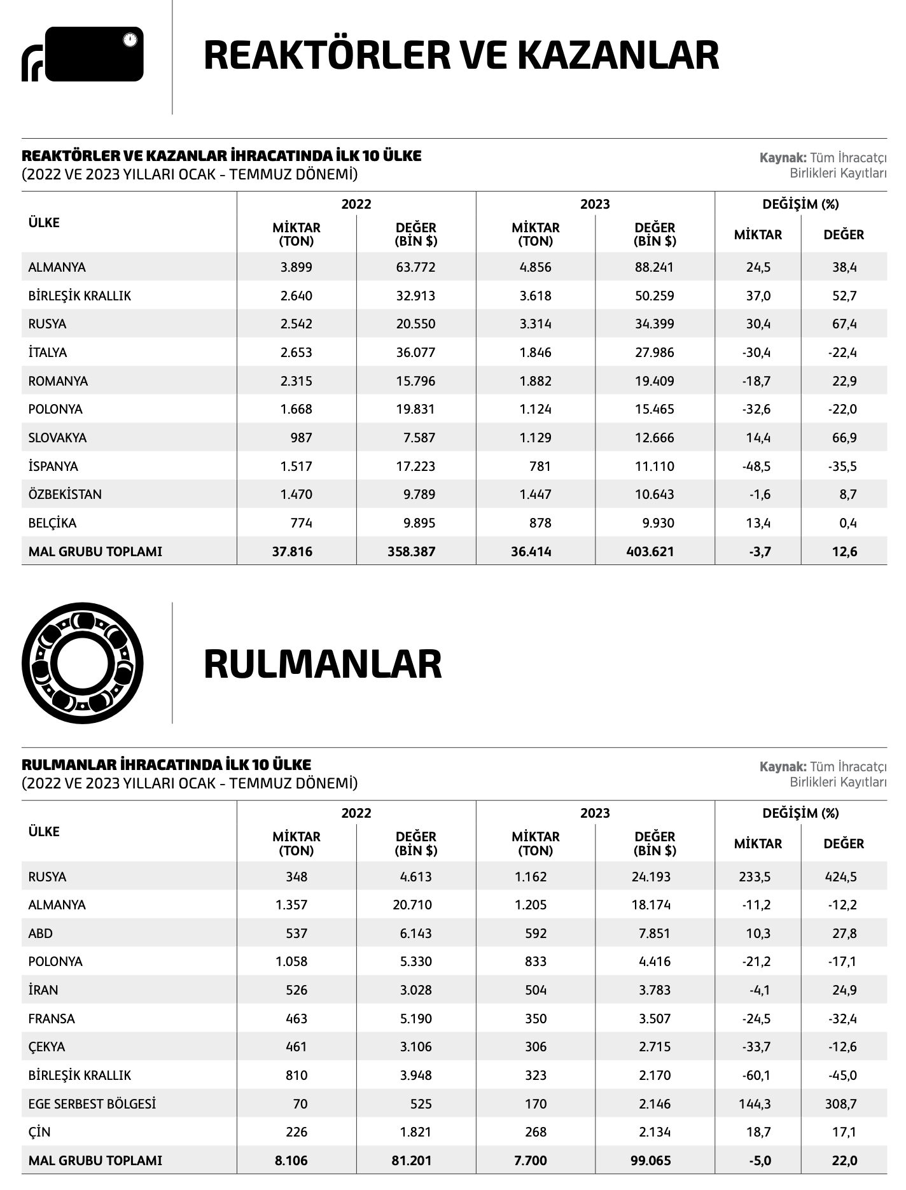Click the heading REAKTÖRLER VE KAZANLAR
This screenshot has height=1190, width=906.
[461, 55]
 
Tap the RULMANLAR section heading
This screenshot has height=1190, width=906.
[323, 664]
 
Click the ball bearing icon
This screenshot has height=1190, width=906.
[83, 663]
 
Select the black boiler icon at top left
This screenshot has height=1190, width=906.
[83, 54]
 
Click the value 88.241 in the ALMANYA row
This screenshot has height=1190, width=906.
[654, 267]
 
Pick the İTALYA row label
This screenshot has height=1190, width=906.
[48, 353]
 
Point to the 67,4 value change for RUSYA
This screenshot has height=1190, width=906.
[844, 324]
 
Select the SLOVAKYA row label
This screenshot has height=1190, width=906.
[57, 438]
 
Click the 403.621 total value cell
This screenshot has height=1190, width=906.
[650, 552]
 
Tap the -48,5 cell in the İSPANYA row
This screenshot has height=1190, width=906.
[757, 466]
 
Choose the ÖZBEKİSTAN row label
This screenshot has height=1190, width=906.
[65, 494]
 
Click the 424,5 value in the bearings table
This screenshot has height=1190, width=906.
[840, 877]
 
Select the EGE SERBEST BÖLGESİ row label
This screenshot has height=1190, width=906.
[92, 1103]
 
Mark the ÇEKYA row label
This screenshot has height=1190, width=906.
[47, 1047]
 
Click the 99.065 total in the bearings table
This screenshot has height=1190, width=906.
[650, 1160]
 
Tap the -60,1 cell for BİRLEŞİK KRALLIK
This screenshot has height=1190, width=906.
[756, 1075]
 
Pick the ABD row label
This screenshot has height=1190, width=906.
[41, 934]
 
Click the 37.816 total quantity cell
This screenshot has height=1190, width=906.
[292, 552]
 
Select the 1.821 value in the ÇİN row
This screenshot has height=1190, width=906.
[416, 1132]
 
